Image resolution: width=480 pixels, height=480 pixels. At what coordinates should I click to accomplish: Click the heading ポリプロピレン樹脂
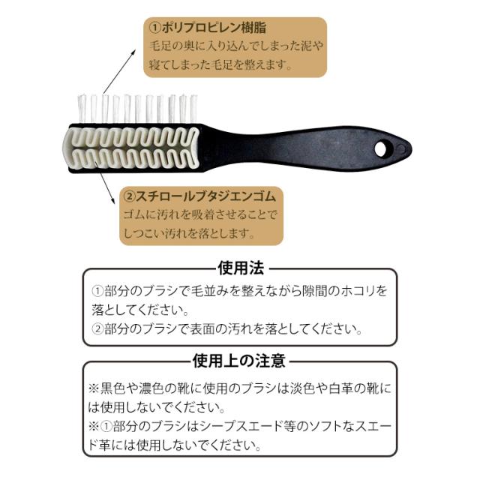click(214, 28)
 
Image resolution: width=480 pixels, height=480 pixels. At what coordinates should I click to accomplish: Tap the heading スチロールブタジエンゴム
click(205, 196)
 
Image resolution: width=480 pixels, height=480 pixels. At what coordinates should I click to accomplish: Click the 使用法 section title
click(241, 268)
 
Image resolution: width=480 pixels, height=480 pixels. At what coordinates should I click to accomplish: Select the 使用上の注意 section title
click(239, 361)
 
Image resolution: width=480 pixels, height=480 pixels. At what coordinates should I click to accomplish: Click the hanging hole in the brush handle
click(380, 148)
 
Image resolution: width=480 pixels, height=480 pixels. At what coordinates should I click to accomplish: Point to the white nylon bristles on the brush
click(136, 109)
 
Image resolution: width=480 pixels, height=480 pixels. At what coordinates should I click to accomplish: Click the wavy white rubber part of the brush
click(131, 148)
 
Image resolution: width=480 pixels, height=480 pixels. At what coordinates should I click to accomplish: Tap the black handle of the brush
click(303, 148)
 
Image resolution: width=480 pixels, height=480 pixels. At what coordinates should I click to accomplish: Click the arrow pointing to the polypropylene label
click(119, 71)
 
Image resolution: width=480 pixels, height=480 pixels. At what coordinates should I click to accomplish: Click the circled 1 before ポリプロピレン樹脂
click(155, 28)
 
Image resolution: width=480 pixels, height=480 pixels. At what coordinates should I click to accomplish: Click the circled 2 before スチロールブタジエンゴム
click(129, 196)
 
